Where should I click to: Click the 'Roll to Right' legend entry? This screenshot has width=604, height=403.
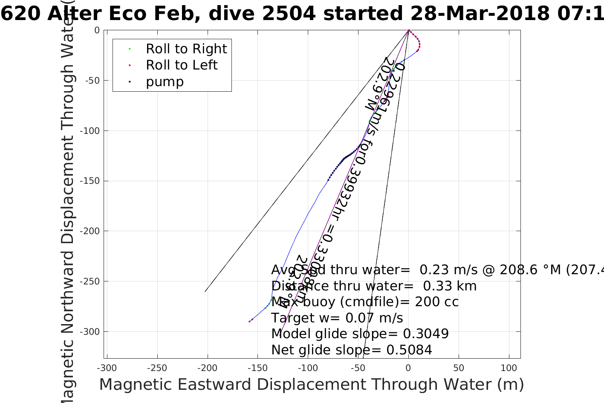click(x=186, y=49)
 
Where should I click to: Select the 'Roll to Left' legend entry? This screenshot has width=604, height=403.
click(x=182, y=65)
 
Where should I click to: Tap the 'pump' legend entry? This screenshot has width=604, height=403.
click(x=165, y=82)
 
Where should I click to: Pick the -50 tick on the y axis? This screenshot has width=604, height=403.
click(x=93, y=81)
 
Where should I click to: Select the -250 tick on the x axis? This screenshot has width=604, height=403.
click(x=157, y=368)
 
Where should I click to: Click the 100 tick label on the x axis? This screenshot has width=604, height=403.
click(x=509, y=368)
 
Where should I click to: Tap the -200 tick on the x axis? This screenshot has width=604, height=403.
click(x=208, y=368)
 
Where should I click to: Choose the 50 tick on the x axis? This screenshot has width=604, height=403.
click(x=459, y=368)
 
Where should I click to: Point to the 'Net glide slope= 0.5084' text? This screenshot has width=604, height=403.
click(x=352, y=350)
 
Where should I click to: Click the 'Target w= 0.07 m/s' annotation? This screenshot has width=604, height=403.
click(x=337, y=318)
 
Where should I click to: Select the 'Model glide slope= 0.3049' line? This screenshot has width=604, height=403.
click(x=360, y=334)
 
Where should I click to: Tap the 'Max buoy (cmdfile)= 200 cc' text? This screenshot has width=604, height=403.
click(x=365, y=302)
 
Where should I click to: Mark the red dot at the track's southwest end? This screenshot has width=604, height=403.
click(x=249, y=322)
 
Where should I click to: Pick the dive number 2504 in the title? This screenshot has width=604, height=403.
click(x=289, y=14)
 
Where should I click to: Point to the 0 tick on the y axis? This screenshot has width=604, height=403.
click(x=97, y=30)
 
